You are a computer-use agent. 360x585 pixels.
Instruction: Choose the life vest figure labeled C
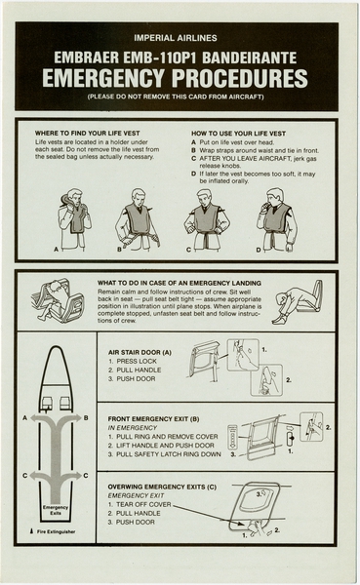(206, 218)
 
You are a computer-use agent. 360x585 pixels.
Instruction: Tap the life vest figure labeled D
(275, 218)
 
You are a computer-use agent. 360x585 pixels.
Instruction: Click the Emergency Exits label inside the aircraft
(56, 511)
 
